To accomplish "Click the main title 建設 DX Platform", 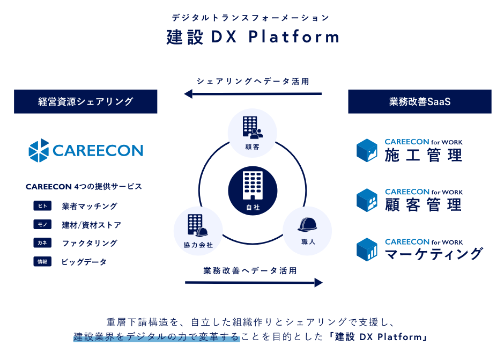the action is (253, 37).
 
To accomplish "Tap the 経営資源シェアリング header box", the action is (85, 101).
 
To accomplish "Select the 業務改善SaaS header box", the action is (420, 101).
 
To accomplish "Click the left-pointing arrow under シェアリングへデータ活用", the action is (253, 94).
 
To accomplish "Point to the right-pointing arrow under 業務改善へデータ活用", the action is (254, 282).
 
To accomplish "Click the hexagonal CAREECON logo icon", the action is (39, 150).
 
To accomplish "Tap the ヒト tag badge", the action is (42, 206).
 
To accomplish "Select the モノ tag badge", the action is (42, 225).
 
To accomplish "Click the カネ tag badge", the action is (42, 243).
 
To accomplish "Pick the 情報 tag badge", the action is (42, 262).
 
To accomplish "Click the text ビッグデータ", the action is (84, 262).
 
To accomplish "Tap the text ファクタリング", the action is (90, 243).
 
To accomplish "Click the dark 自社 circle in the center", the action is (253, 190).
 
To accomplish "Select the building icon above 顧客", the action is (253, 128).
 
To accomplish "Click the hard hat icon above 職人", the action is (307, 225).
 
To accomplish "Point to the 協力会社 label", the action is (198, 245).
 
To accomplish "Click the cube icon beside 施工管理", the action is (367, 150).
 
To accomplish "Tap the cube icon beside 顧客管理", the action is (367, 200).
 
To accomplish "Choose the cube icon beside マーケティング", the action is (367, 249).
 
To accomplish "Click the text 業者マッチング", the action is (90, 206).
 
